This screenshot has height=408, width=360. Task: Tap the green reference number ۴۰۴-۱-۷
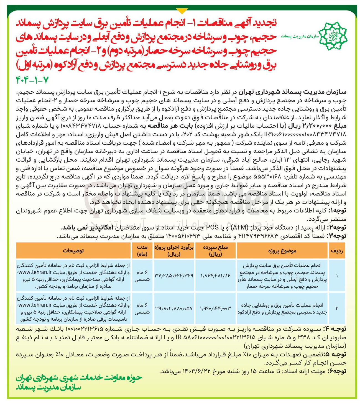[x=32, y=80]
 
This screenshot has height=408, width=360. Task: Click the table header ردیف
[x=337, y=251]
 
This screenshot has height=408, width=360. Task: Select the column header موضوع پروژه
[x=282, y=251]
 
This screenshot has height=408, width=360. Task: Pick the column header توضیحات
[x=73, y=251]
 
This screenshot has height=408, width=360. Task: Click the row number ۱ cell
[x=337, y=276]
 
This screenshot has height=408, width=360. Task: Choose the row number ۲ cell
[x=337, y=308]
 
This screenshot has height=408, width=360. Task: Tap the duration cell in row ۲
[x=142, y=308]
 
